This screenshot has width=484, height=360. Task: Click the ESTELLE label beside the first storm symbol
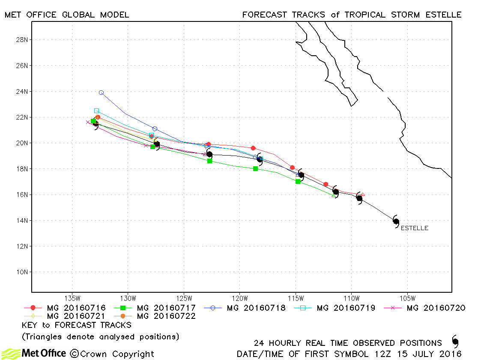click(x=414, y=228)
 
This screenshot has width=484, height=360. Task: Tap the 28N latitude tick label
click(x=22, y=40)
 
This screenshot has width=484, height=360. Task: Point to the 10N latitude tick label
click(x=22, y=272)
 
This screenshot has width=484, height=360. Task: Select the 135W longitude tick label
click(x=72, y=298)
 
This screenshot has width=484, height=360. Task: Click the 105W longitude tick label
click(x=407, y=298)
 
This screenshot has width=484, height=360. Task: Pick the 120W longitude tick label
click(x=240, y=298)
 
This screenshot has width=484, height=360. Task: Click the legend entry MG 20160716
click(x=65, y=308)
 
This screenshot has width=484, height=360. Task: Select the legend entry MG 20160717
click(x=155, y=308)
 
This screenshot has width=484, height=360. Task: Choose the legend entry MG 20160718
click(x=245, y=308)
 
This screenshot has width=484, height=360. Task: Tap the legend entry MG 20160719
click(x=335, y=308)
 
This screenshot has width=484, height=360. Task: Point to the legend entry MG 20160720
click(x=425, y=308)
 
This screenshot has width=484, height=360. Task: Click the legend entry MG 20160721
click(x=65, y=316)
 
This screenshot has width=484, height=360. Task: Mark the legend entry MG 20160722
click(x=155, y=316)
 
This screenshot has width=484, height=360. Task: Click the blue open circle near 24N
click(x=101, y=93)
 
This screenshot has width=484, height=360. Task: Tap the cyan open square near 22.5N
click(x=97, y=111)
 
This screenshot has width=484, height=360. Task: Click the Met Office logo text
click(x=44, y=353)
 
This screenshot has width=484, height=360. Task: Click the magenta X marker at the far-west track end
click(x=88, y=122)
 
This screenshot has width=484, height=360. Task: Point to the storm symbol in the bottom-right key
click(x=455, y=341)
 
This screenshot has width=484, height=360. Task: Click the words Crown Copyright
click(x=112, y=354)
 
